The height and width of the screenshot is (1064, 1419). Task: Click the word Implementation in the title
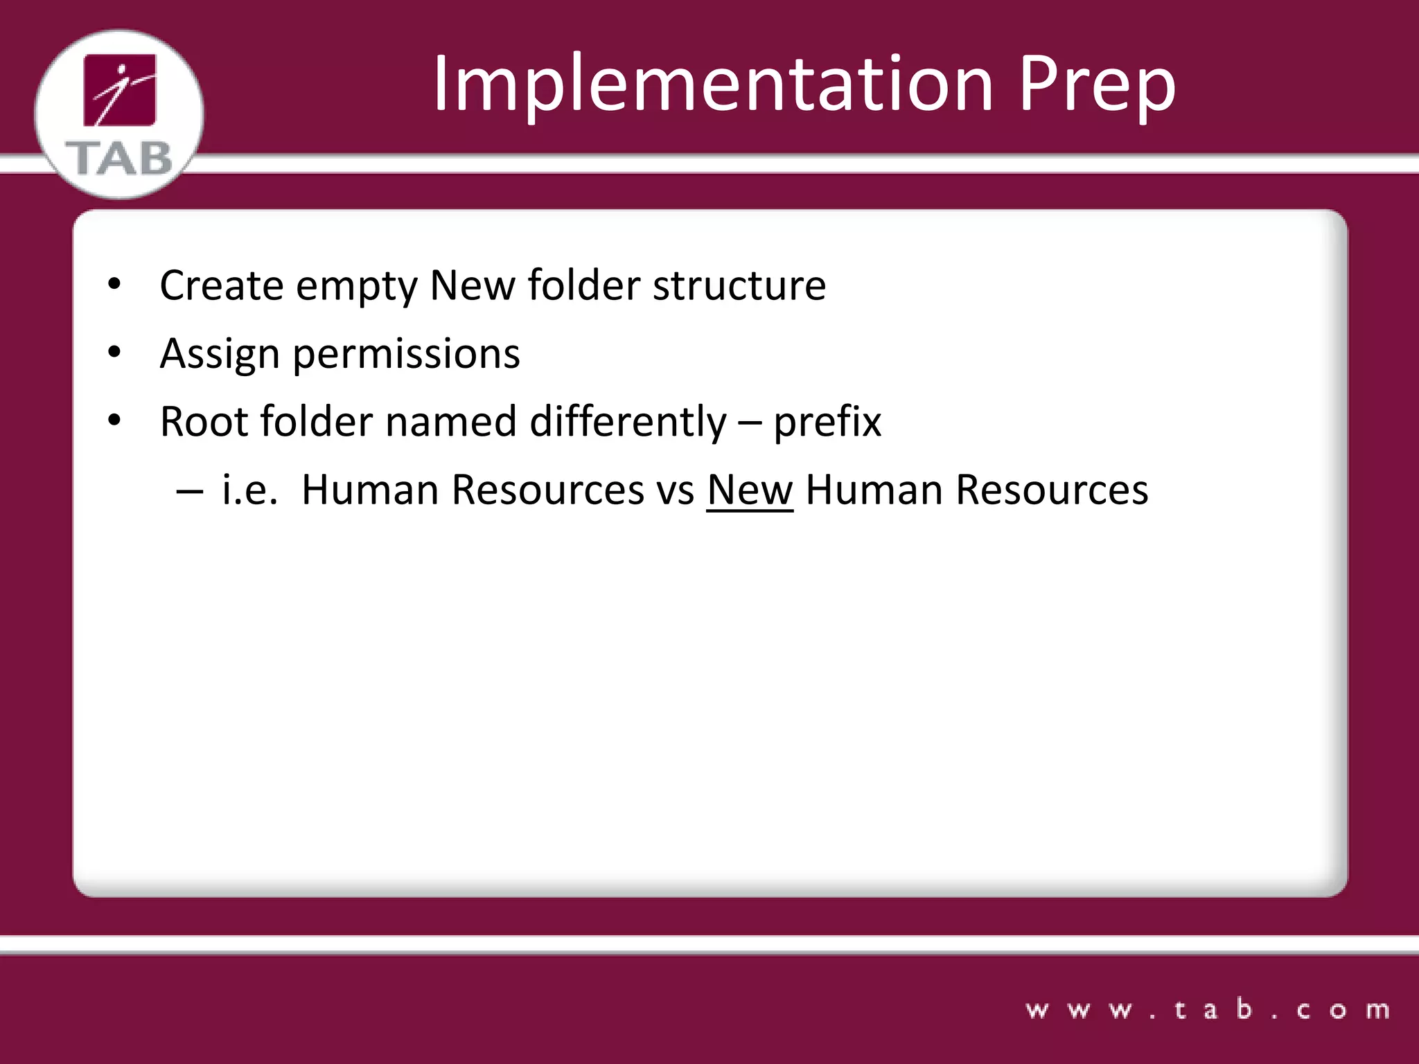pos(714,85)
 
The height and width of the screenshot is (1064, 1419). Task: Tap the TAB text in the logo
pos(119,159)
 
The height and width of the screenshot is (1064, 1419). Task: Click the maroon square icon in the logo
pos(120,90)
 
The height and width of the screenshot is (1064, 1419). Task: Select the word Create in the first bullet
pos(221,285)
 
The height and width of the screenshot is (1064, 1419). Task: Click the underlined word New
pos(750,490)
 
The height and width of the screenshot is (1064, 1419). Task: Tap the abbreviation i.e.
pos(249,490)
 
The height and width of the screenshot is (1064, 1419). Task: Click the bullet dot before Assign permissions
pos(114,353)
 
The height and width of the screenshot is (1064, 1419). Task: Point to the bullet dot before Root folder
pos(114,420)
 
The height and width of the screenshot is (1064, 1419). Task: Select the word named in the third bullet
pos(450,421)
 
